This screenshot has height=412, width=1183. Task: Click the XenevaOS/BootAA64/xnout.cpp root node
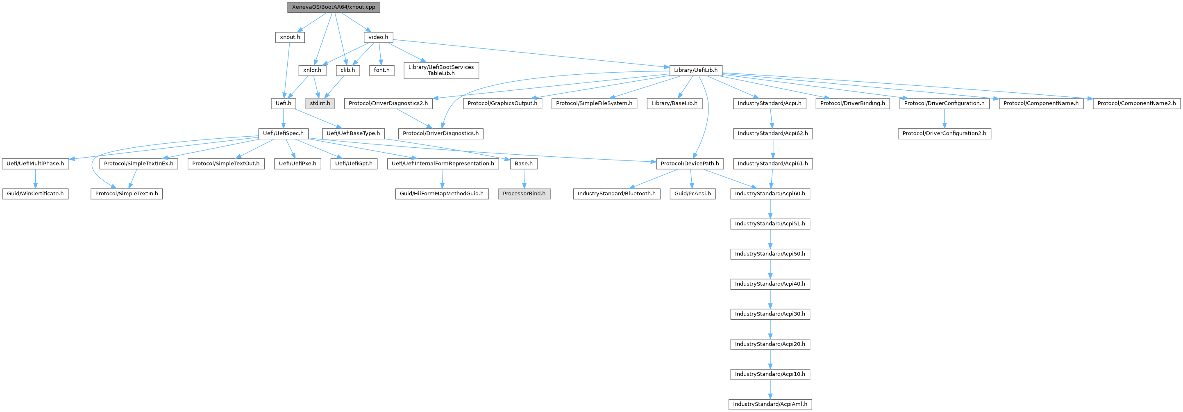click(334, 7)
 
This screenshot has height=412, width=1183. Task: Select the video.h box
click(378, 37)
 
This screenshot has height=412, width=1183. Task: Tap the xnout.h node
click(290, 37)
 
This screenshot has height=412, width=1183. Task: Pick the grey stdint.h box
click(320, 103)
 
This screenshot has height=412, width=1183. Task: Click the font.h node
click(381, 70)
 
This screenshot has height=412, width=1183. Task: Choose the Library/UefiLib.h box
click(695, 70)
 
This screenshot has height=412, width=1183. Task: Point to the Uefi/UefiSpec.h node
click(283, 133)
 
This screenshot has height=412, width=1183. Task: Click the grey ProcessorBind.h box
click(524, 194)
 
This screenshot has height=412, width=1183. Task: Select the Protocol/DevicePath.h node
click(690, 164)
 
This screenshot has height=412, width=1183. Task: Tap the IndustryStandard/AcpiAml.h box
click(770, 404)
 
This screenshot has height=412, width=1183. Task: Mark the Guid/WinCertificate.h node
click(35, 194)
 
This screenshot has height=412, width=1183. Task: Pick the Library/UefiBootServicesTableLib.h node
click(441, 70)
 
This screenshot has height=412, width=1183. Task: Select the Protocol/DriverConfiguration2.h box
click(944, 133)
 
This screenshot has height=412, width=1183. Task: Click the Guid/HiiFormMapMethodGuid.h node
click(441, 194)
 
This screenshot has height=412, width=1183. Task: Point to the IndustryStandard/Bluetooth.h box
click(616, 194)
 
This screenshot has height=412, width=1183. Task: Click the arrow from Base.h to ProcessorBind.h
click(524, 179)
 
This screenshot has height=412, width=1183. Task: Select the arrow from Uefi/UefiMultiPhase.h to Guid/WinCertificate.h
click(35, 179)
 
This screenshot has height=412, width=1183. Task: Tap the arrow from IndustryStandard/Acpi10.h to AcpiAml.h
click(770, 389)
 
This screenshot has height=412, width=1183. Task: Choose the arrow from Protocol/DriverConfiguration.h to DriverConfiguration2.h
click(944, 118)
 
